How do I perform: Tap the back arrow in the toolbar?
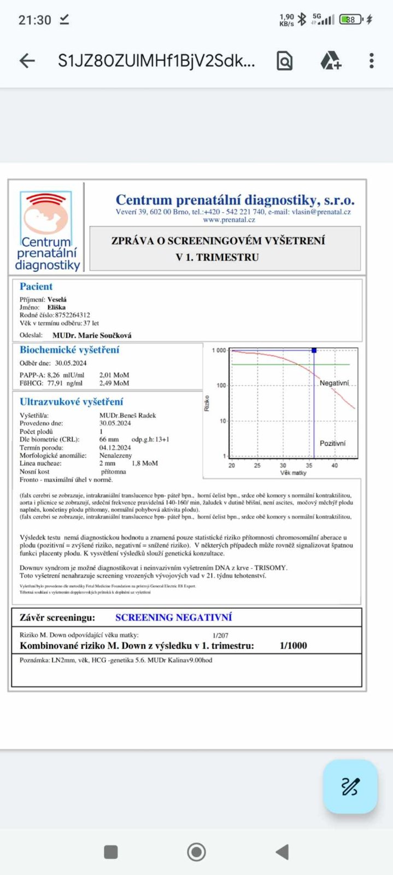[x=27, y=61]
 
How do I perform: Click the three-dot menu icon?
[x=371, y=61]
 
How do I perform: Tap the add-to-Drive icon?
[x=330, y=61]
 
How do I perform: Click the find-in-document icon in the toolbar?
[x=284, y=61]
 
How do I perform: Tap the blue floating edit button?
[x=350, y=786]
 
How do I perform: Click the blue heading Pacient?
[x=36, y=287]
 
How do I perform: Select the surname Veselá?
[x=57, y=300]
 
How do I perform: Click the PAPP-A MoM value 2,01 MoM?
[x=114, y=375]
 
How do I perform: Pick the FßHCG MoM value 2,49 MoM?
[x=114, y=383]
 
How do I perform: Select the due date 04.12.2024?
[x=115, y=447]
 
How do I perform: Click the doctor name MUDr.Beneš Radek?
[x=128, y=416]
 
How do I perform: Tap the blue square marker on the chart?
[x=314, y=350]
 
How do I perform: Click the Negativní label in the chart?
[x=334, y=383]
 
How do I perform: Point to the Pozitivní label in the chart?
[x=332, y=444]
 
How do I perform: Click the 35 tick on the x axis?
[x=309, y=465]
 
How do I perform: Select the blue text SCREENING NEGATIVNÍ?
[x=173, y=617]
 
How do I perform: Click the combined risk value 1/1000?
[x=293, y=646]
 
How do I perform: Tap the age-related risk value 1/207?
[x=220, y=635]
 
